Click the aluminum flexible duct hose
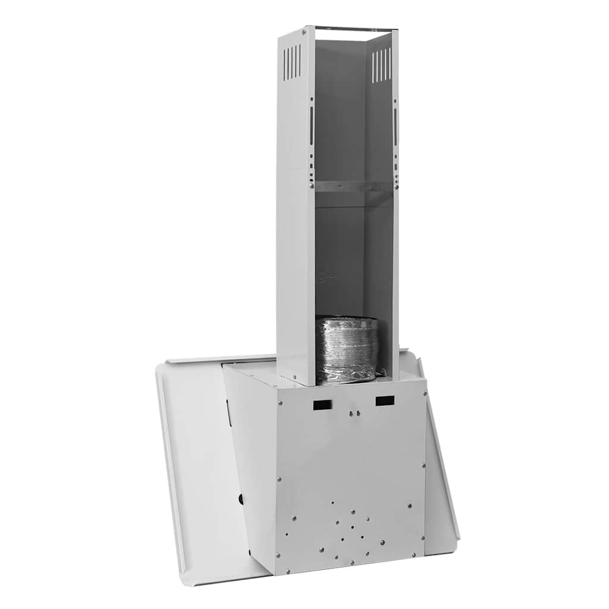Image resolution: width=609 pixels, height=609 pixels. coord(347,350)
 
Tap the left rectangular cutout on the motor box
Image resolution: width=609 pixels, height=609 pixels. coord(322,405)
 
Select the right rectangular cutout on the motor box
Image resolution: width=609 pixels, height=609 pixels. coord(385,401)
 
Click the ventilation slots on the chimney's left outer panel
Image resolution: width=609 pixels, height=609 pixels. coord(291,62)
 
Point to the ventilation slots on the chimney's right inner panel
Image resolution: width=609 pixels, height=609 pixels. coord(381,65)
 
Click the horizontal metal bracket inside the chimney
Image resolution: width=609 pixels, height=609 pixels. coord(353,186)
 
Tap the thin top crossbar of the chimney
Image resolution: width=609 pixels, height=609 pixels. coord(356,28)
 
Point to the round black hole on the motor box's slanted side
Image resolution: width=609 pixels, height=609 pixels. coord(241,499)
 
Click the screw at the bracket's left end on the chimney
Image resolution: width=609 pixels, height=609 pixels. coord(312,186)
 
